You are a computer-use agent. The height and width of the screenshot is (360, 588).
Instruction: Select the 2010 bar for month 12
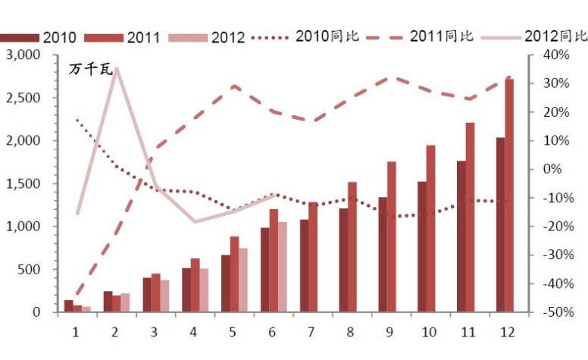tap(500, 224)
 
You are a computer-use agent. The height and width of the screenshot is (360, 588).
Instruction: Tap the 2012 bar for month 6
tap(283, 267)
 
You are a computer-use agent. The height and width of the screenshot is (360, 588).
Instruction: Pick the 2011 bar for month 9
tap(392, 236)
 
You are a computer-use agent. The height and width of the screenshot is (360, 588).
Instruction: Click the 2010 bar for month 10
tap(422, 246)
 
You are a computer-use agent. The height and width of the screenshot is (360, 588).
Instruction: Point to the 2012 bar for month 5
tap(243, 280)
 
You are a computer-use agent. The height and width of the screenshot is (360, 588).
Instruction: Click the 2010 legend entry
tap(38, 36)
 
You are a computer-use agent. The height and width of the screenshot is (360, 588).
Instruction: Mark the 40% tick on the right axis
tap(555, 55)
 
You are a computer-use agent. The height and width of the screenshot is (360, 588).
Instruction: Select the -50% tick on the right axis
tap(555, 311)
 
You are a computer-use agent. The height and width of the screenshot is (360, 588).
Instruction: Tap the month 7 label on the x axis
tap(311, 331)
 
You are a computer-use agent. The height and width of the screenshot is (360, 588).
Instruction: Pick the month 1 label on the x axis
tap(76, 331)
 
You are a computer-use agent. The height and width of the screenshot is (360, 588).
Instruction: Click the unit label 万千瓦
tap(91, 70)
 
